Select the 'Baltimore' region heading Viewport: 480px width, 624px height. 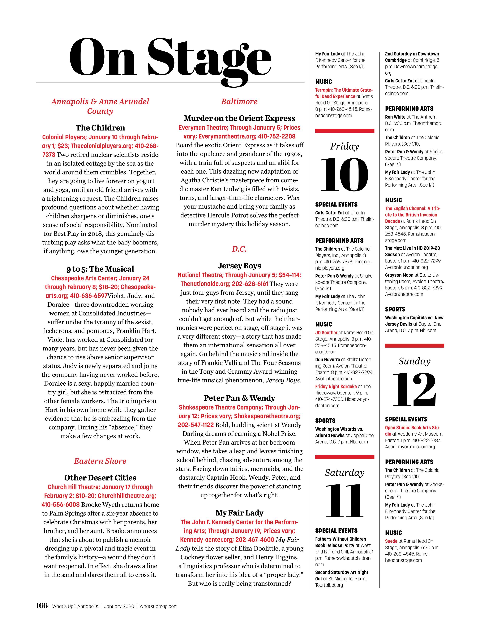pos(239,101)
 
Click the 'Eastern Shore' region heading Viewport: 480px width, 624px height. pos(100,461)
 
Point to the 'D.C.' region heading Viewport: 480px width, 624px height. pos(239,249)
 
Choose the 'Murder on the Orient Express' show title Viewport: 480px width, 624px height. pos(239,118)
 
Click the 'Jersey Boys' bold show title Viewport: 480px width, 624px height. pos(239,266)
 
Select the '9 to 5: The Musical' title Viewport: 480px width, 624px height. pos(100,269)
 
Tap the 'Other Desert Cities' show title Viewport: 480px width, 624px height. pos(100,478)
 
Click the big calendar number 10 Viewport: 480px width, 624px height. pos(345,175)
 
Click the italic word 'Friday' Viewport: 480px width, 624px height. pos(345,146)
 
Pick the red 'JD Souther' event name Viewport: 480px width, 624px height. pos(326,333)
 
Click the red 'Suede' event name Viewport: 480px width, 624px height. pos(391,541)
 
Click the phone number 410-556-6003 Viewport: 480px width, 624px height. pos(61,505)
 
